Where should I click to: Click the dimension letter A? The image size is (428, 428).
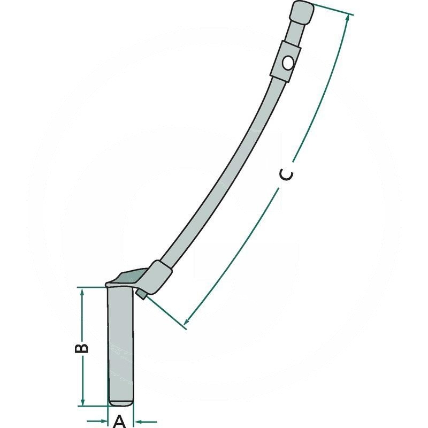point(119,422)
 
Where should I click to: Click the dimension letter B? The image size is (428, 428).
point(81,348)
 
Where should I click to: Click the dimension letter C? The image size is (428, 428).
point(287,175)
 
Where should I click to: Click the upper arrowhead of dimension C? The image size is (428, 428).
point(347,19)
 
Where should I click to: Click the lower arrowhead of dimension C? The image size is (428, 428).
point(187,320)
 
